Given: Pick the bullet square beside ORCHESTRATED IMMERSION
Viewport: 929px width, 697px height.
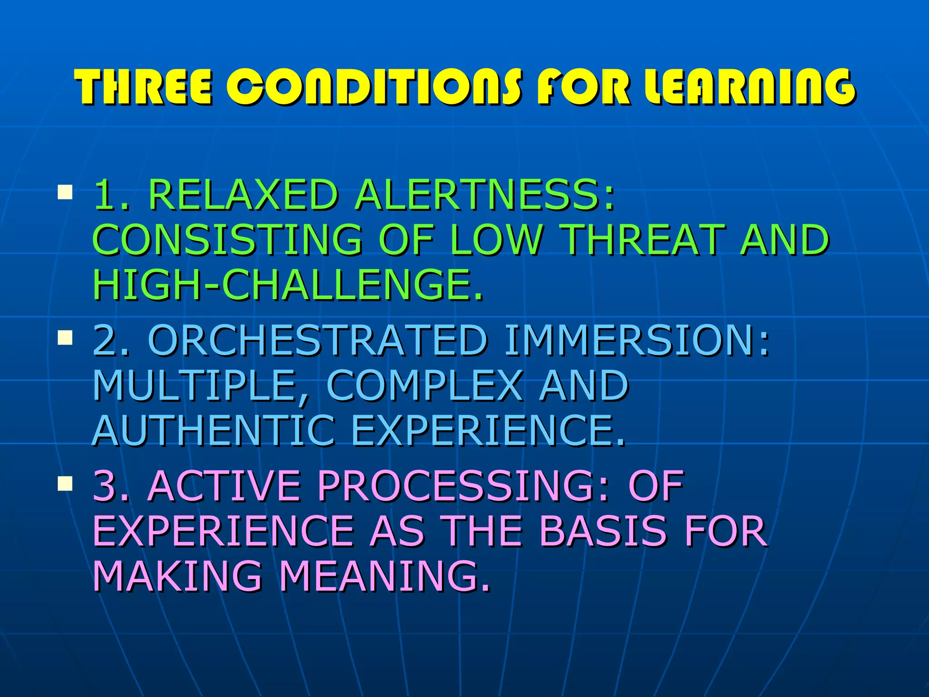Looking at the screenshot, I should click(65, 338).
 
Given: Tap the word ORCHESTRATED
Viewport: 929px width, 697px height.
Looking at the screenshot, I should click(318, 340).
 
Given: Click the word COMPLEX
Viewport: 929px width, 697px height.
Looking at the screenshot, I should click(425, 386).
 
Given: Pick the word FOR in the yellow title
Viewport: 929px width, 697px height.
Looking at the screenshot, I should click(582, 87).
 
